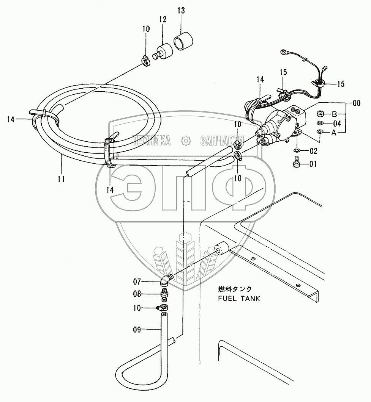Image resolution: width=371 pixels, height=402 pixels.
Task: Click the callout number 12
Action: point(163,20)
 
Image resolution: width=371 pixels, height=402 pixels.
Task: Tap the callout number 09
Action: point(137,330)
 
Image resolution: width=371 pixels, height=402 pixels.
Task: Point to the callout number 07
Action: point(137,282)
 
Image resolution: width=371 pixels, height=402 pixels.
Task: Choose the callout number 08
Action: point(137,294)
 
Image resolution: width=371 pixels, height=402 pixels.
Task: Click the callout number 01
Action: point(313,164)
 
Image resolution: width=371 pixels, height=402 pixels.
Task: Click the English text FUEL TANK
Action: point(239,298)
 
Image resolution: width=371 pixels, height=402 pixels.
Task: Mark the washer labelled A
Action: point(320,131)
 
